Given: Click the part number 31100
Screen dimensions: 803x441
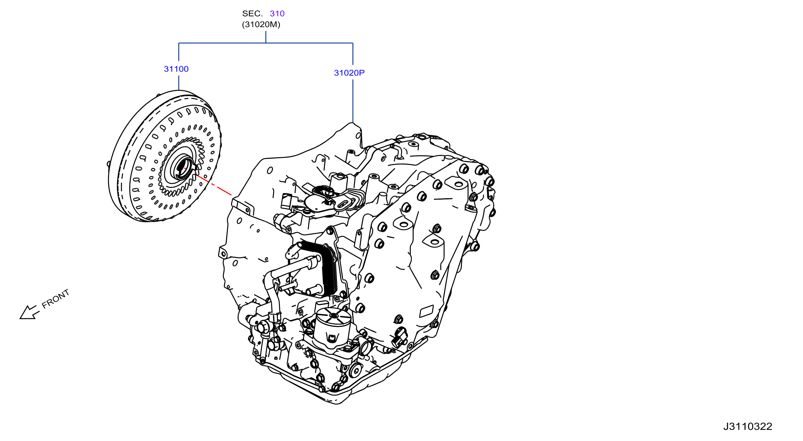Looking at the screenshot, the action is (176, 69).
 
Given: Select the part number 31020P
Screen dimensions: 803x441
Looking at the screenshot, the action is (349, 73).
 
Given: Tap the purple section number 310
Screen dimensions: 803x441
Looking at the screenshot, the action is (277, 13).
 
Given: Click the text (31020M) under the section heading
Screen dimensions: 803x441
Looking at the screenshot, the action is (261, 24).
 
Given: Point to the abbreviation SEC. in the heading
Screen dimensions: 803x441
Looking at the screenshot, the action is (253, 13).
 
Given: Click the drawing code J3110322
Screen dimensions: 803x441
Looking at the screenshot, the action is (747, 426).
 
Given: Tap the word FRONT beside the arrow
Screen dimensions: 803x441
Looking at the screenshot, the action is (56, 298).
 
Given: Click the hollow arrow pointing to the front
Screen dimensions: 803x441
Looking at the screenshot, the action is (29, 312).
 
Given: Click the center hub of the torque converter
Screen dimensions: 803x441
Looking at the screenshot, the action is (184, 168).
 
